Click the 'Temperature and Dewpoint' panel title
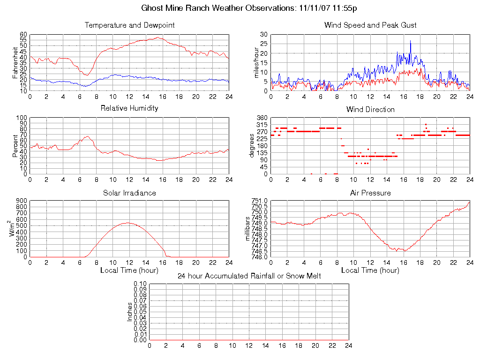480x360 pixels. [x=129, y=25]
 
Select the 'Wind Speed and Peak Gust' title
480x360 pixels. [x=370, y=25]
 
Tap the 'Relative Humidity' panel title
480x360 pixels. [x=129, y=108]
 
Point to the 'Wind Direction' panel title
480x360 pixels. [x=370, y=109]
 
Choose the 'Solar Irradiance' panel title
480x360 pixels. [x=129, y=193]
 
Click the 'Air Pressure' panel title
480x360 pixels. [x=370, y=193]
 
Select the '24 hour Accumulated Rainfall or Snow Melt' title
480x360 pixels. [x=249, y=276]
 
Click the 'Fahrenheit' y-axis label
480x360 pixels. [x=15, y=62]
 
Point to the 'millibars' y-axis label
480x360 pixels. [x=249, y=228]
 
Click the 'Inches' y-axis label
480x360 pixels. [x=130, y=312]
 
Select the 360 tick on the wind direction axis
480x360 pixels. [x=262, y=118]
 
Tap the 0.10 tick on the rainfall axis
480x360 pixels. [x=140, y=284]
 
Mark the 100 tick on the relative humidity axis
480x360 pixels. [x=21, y=118]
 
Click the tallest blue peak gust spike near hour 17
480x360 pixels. [x=410, y=41]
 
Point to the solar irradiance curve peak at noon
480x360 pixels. [x=128, y=223]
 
